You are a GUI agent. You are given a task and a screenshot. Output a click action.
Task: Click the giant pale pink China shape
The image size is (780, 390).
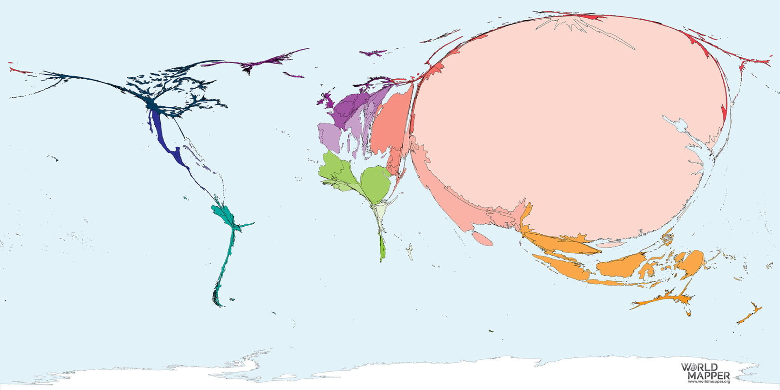point(569,122)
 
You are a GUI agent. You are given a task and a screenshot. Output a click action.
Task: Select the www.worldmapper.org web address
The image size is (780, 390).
point(709,381)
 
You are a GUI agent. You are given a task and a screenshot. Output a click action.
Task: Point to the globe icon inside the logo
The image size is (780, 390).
point(692,367)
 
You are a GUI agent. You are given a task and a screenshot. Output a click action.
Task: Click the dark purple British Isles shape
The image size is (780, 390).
point(325,99)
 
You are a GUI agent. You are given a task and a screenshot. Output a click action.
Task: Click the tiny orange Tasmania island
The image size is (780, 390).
point(688,313)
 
